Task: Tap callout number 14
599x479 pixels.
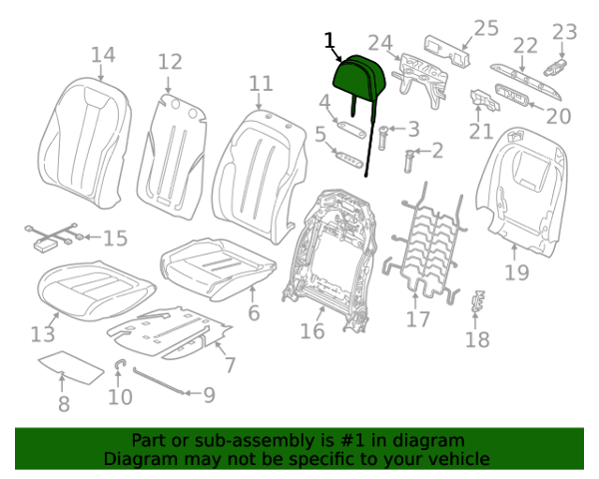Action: pyautogui.click(x=103, y=55)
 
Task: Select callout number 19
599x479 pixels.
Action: pyautogui.click(x=516, y=271)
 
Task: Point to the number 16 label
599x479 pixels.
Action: pyautogui.click(x=312, y=330)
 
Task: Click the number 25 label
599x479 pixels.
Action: pyautogui.click(x=485, y=28)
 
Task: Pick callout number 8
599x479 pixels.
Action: pyautogui.click(x=63, y=404)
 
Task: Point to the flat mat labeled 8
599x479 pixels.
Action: pyautogui.click(x=70, y=366)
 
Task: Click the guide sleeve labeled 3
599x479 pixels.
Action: pyautogui.click(x=385, y=131)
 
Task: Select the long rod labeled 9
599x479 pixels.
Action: pyautogui.click(x=160, y=382)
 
